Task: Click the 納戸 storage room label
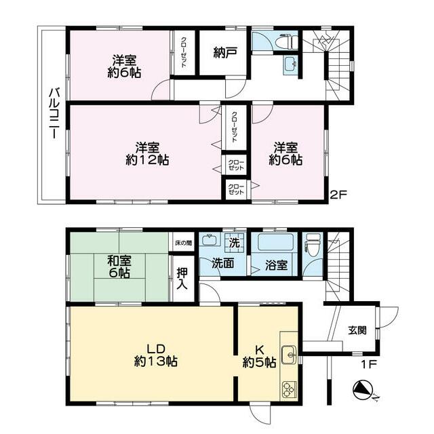point(225,53)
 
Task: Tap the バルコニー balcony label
point(54,113)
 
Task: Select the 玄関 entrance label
point(357,330)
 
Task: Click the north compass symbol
point(363,391)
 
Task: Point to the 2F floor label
point(338,195)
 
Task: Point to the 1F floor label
point(369,363)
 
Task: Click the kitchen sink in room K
point(289,355)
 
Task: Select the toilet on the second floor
point(288,41)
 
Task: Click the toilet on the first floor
point(311,244)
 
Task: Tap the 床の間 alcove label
point(183,243)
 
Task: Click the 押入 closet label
point(182,278)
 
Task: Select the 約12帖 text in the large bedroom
point(147,160)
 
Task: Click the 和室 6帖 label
point(119,267)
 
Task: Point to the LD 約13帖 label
point(155,355)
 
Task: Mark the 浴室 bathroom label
point(276,265)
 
